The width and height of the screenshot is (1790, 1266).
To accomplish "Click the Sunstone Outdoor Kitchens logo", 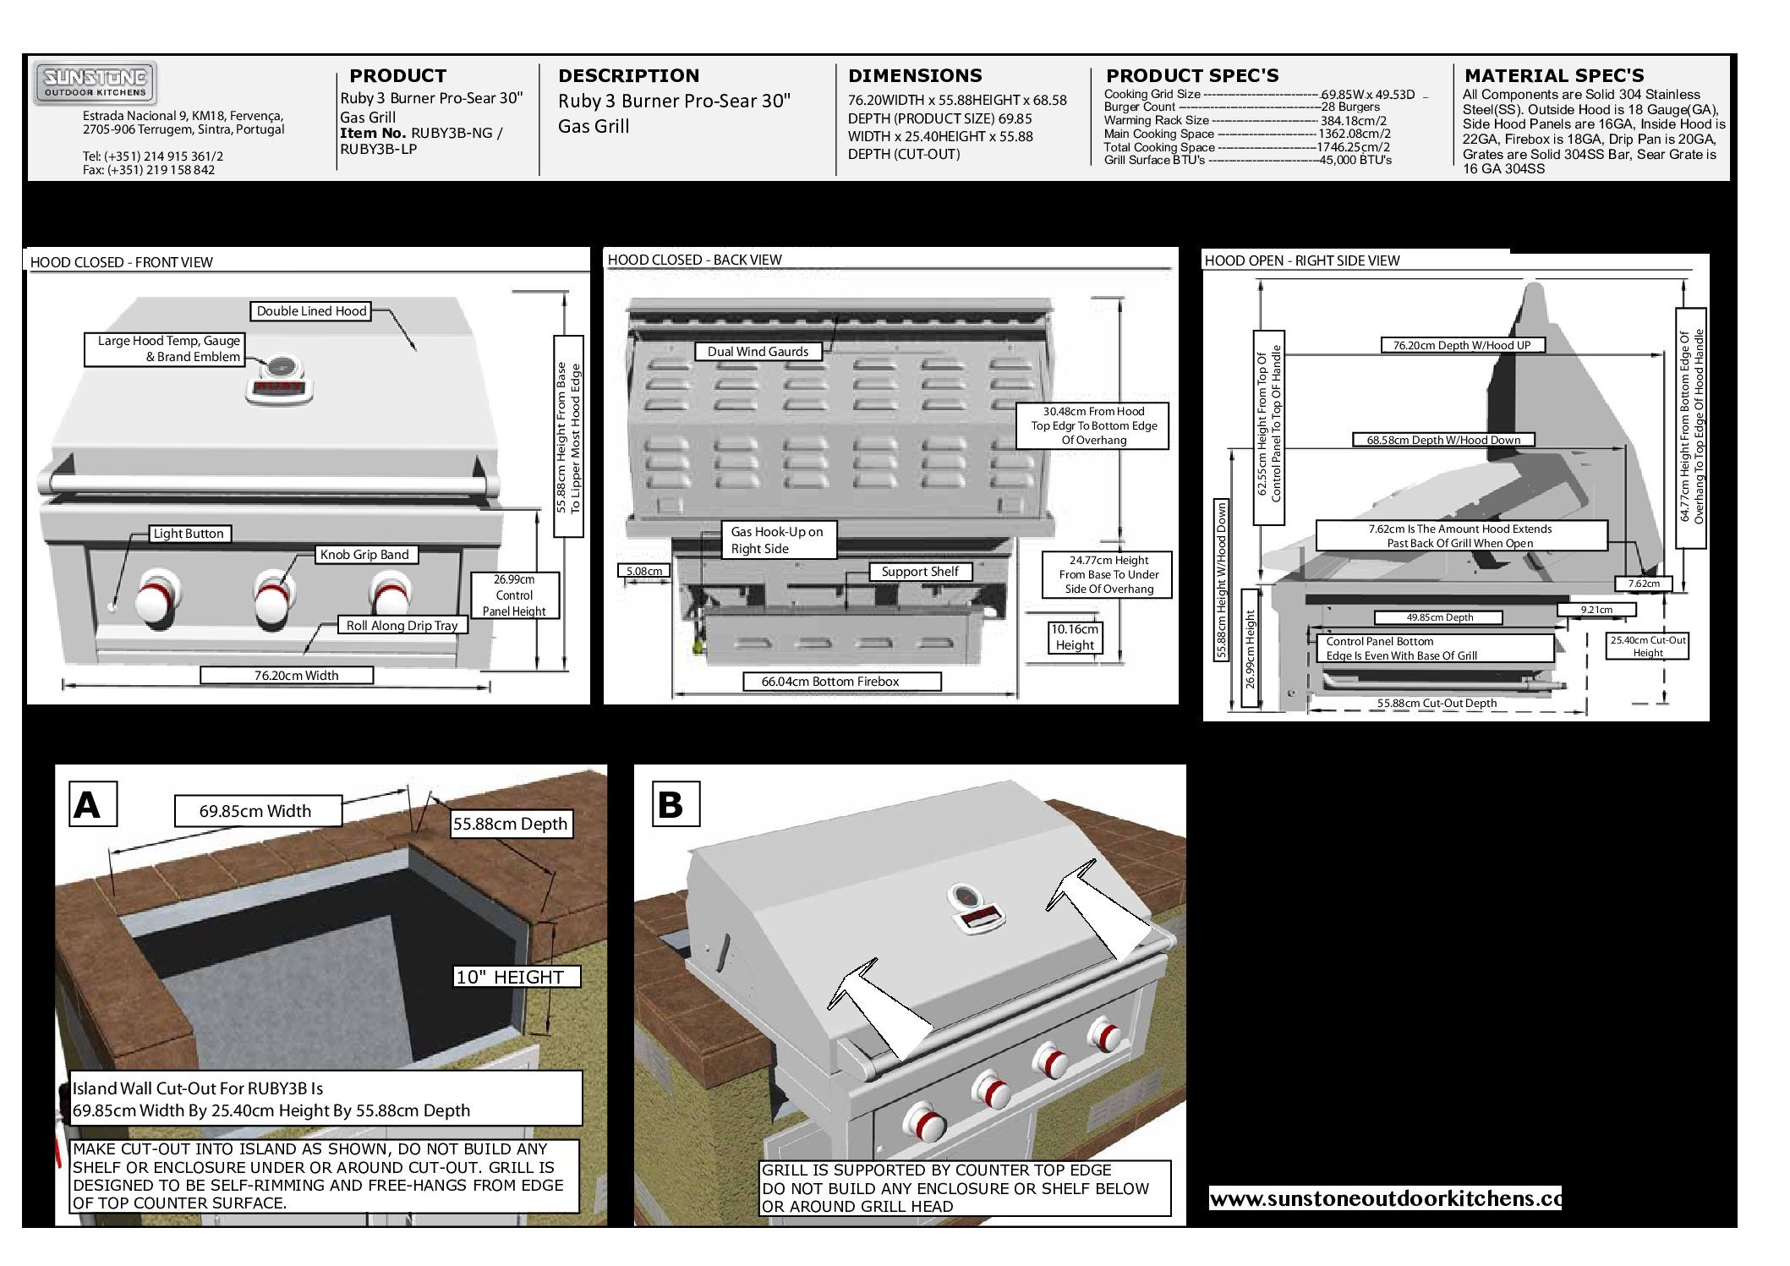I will point(95,84).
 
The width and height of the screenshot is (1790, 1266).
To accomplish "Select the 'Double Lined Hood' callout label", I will point(311,311).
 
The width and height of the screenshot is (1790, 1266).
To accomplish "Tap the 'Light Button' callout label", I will point(188,534).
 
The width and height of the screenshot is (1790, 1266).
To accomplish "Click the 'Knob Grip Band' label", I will point(364,555).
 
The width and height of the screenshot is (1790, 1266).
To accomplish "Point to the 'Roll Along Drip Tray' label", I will point(402,626).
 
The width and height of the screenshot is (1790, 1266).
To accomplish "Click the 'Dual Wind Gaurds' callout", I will point(758,352).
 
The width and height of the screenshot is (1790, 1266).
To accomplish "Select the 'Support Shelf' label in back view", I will point(920,572).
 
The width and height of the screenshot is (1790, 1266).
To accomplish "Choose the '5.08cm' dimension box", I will point(643,571).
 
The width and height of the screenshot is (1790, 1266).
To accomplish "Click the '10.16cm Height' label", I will point(1075,637).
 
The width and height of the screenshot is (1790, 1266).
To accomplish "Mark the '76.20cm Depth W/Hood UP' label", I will point(1461,345).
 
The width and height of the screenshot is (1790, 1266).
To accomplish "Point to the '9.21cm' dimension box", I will point(1596,610).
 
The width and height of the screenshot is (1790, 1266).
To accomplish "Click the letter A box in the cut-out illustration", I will point(87,806).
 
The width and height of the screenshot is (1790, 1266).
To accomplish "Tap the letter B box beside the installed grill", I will point(670,805).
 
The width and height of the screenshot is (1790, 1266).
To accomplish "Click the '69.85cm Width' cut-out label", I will point(255,811).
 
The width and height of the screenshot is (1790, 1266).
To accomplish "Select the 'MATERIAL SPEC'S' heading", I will point(1554,75).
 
